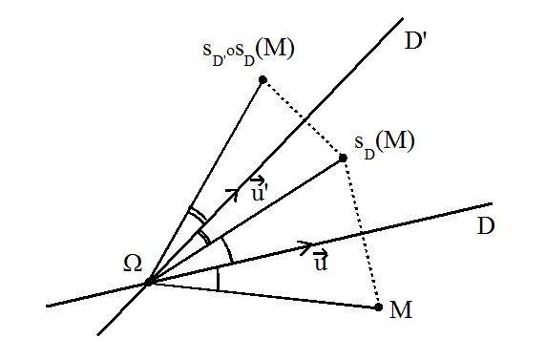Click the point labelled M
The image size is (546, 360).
[379, 307]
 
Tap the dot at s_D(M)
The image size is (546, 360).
[343, 157]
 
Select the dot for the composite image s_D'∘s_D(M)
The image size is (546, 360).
[262, 79]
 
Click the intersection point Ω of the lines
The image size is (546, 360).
[149, 281]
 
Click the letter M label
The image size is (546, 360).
[401, 309]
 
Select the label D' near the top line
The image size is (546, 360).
[418, 42]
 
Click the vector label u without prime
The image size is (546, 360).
[320, 261]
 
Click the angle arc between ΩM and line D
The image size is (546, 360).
[218, 279]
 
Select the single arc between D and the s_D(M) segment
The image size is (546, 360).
[227, 250]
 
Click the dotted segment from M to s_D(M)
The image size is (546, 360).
[361, 231]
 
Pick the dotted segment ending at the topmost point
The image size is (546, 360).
[303, 117]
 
